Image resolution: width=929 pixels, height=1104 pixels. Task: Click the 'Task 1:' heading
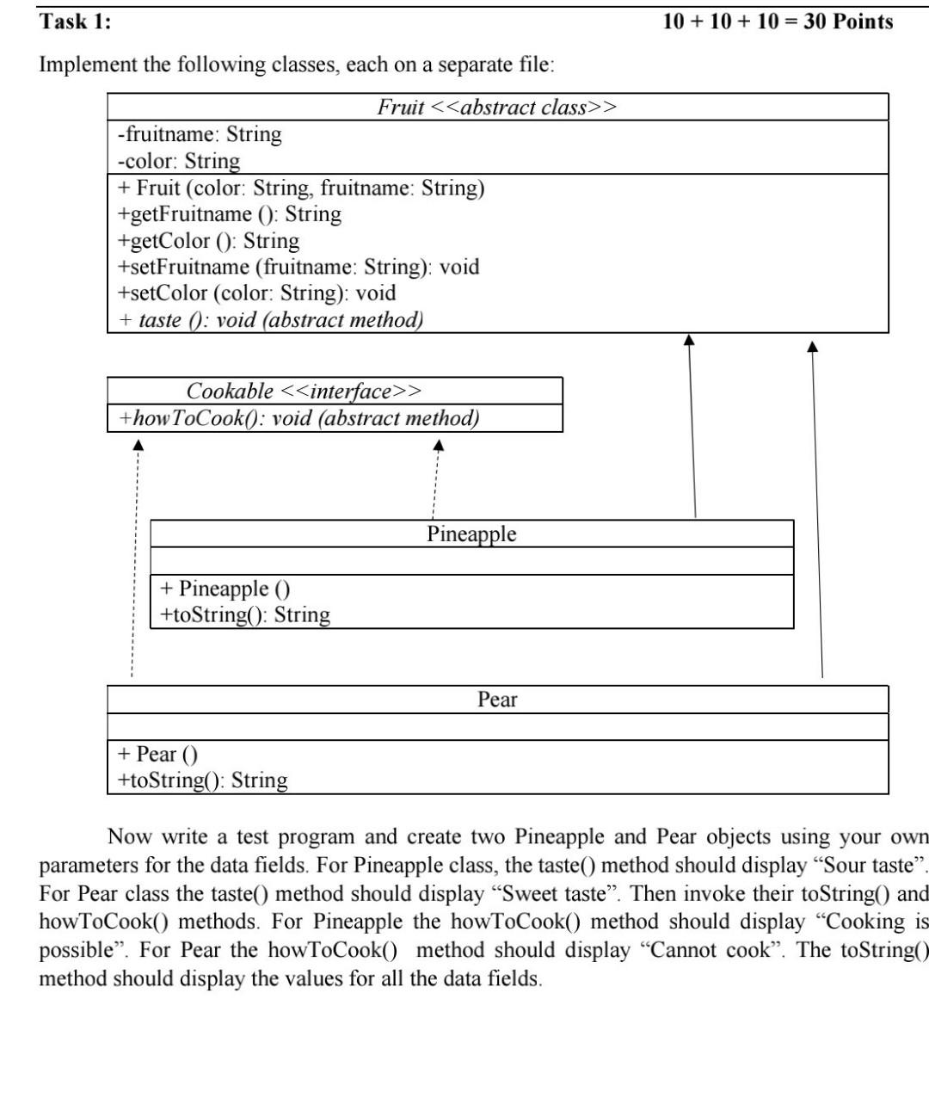click(x=76, y=22)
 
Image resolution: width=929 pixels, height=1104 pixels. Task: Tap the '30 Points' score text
click(x=848, y=22)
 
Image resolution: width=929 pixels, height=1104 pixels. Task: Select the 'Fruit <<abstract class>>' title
click(x=497, y=108)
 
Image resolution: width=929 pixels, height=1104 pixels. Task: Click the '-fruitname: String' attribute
click(x=200, y=134)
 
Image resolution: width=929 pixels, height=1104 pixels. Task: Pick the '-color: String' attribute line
click(x=179, y=161)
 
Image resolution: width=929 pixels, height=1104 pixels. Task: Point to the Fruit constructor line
click(x=301, y=188)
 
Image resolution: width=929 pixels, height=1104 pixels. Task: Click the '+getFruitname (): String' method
click(x=230, y=214)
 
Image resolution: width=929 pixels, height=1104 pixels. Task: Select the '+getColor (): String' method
click(x=209, y=241)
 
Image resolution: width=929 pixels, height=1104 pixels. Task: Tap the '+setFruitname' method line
click(x=298, y=268)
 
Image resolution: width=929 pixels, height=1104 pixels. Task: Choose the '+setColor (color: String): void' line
click(x=257, y=293)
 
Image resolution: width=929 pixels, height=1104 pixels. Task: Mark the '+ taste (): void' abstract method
click(x=271, y=320)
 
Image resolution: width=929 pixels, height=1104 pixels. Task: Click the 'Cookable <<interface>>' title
click(x=305, y=392)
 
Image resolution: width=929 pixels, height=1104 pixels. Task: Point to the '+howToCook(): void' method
click(x=299, y=418)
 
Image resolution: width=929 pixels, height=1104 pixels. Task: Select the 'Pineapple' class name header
click(x=471, y=533)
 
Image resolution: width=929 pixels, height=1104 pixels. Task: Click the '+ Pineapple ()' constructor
click(x=225, y=589)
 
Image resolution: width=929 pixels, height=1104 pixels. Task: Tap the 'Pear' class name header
click(x=497, y=700)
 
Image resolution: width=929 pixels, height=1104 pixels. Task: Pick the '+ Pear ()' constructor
click(x=157, y=755)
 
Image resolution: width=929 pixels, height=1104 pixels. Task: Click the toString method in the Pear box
click(x=203, y=780)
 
